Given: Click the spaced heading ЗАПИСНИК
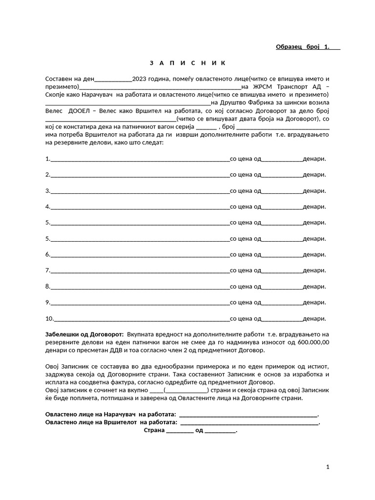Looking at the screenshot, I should (187, 63).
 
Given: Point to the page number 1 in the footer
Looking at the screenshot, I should (328, 467).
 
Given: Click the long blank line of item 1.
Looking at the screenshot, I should (140, 159).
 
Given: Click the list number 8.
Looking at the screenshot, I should (47, 286).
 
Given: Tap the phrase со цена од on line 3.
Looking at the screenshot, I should (246, 190).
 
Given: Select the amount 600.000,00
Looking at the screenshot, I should (313, 342).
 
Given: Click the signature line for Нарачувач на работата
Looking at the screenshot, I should (248, 415).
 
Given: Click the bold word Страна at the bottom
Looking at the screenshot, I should (154, 431).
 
